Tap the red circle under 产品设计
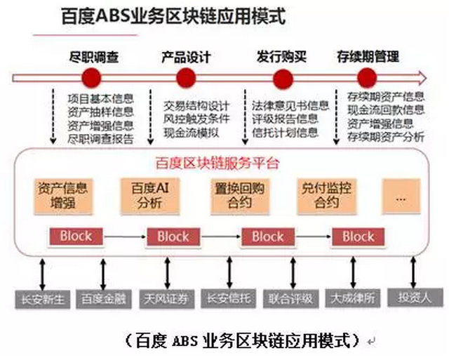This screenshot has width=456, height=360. (186, 76)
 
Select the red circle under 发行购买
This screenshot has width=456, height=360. (273, 76)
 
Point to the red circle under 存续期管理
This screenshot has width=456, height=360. (367, 76)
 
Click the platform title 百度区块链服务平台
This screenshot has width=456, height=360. (216, 165)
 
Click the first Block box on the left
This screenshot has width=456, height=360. (75, 236)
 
